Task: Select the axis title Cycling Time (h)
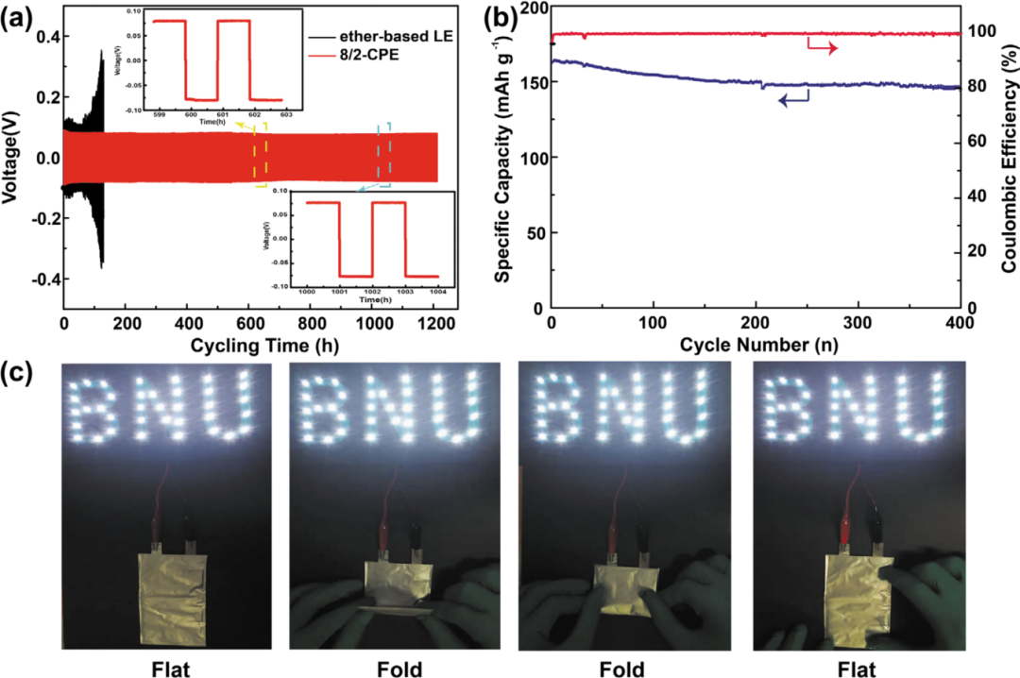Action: (x=249, y=344)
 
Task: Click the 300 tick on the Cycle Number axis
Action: (x=858, y=323)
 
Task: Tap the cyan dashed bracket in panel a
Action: (x=384, y=151)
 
